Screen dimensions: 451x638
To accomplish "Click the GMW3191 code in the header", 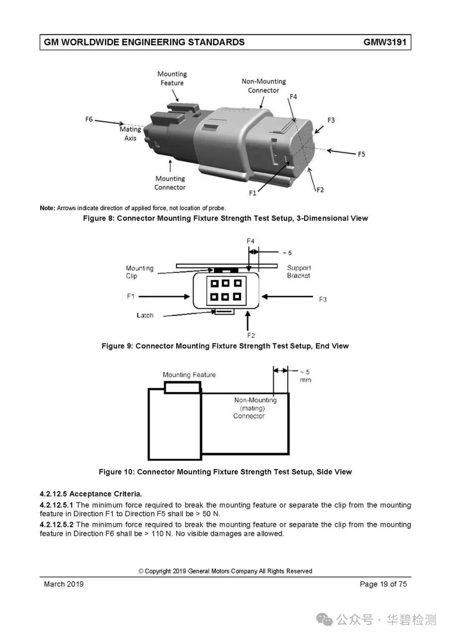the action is click(x=385, y=42).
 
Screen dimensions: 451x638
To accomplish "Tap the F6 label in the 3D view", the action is click(x=89, y=119).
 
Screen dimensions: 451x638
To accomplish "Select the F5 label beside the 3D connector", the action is click(x=361, y=154).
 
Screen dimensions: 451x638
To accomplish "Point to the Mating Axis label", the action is click(x=130, y=134).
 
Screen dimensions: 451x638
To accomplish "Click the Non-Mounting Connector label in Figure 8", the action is click(x=264, y=86).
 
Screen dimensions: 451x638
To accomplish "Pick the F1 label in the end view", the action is click(x=131, y=296).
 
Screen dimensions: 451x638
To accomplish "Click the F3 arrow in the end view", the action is click(x=287, y=296).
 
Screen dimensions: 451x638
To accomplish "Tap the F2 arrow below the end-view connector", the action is click(x=248, y=321).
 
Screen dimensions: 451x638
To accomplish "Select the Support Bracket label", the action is click(x=299, y=271).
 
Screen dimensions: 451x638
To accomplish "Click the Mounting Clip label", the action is click(x=139, y=272).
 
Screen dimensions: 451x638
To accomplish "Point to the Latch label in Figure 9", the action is click(x=145, y=315).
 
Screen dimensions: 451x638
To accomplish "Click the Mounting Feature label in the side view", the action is click(x=189, y=375).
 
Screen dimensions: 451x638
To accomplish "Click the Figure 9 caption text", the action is click(x=225, y=346).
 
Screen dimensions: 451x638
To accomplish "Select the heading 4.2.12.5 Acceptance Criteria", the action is click(x=91, y=494).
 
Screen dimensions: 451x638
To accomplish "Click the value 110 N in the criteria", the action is click(x=162, y=533).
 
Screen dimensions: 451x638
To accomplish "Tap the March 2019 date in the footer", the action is click(x=64, y=584).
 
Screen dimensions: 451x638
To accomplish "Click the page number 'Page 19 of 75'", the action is click(x=383, y=584).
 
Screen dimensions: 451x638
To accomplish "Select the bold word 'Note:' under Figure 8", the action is click(x=47, y=208).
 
